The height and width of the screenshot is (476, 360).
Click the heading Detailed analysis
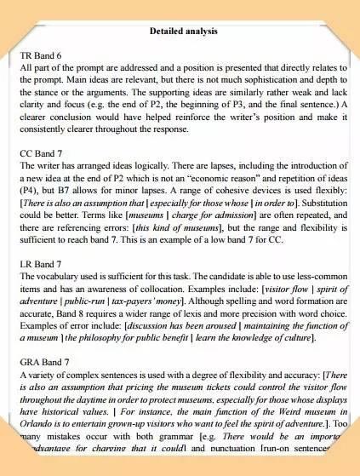183,32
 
